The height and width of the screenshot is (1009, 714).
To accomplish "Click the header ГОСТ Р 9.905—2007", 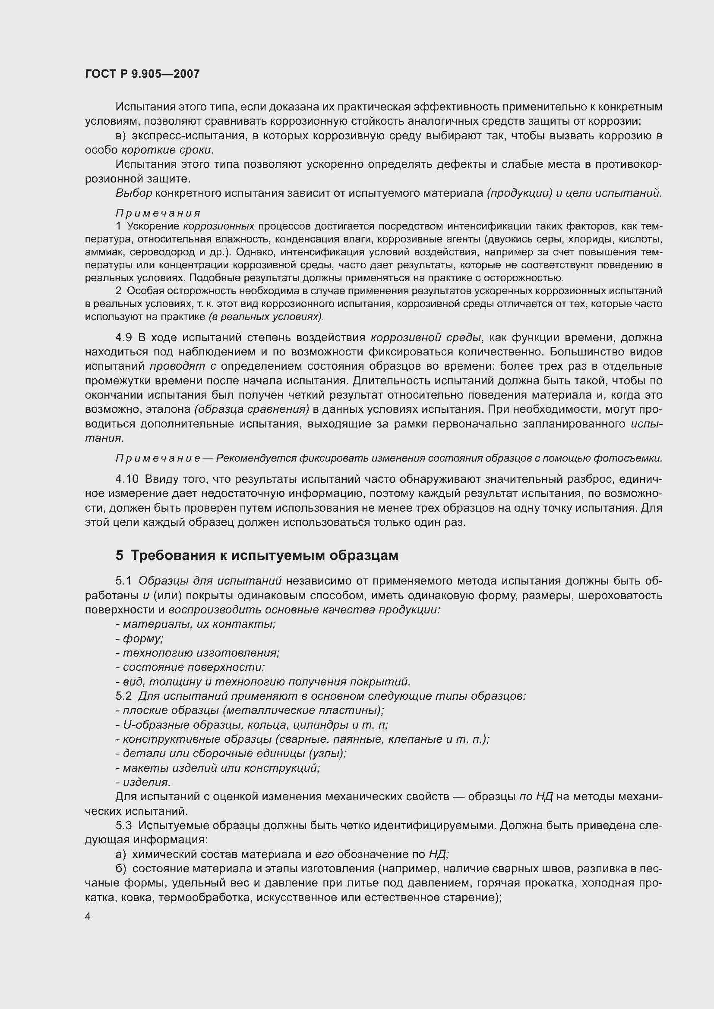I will [142, 74].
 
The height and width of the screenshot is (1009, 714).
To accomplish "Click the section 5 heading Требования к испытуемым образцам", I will [257, 556].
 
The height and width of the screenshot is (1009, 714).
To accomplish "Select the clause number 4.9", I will [123, 337].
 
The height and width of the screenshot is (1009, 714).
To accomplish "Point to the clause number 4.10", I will [127, 479].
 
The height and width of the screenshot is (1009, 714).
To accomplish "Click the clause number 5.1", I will [123, 581].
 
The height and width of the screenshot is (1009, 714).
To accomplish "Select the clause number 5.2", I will [123, 696].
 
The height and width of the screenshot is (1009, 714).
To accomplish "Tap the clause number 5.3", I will [123, 825].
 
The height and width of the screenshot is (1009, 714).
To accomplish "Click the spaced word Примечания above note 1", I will [158, 213].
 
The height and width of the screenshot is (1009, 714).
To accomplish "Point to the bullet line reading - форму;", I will [140, 638].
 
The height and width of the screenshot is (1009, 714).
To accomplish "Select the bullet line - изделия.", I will [143, 782].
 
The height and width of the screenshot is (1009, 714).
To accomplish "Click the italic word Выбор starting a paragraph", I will [134, 193].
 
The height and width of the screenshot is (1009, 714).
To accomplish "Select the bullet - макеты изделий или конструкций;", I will [218, 768].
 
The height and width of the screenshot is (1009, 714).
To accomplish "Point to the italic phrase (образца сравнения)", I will [252, 409].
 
